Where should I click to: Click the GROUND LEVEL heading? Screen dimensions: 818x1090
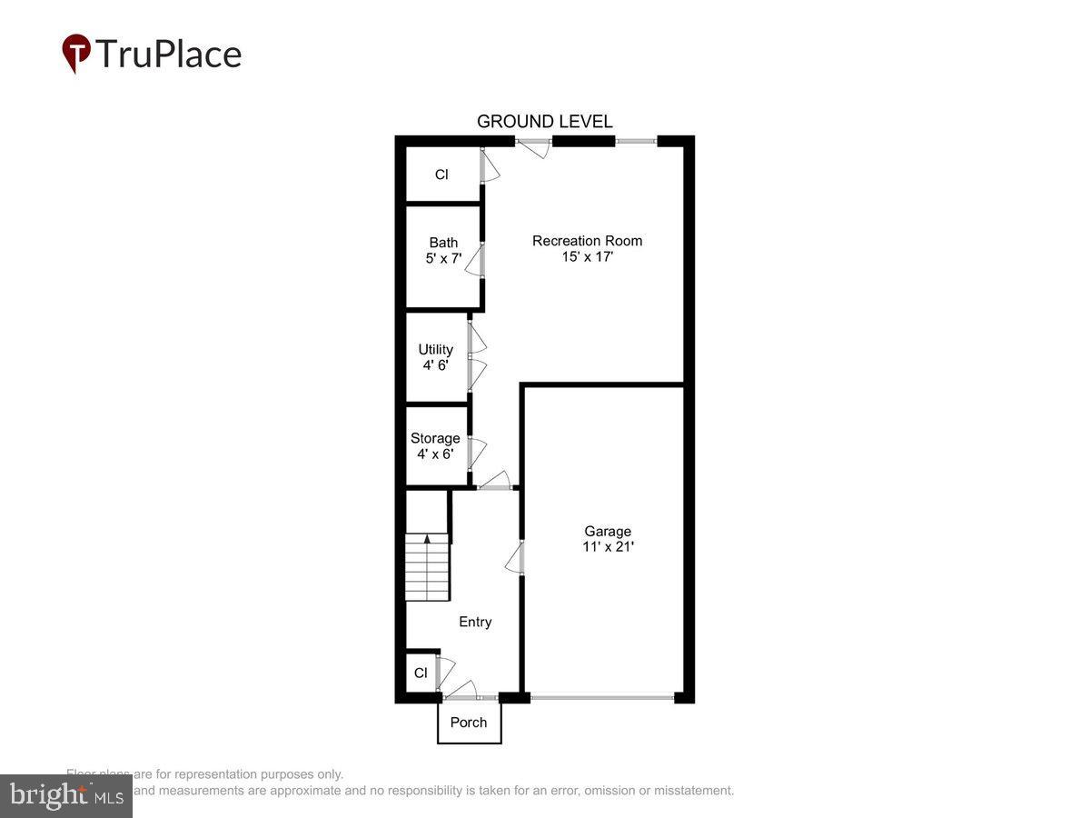coord(544,122)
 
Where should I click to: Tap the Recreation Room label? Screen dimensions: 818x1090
coord(587,241)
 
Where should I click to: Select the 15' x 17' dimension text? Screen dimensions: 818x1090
coord(587,257)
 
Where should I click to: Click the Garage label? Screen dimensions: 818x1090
coord(607,532)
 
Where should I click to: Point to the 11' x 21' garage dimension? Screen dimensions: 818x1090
coord(607,547)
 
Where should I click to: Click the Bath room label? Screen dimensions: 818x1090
coord(443,243)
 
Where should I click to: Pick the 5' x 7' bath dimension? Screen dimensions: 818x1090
coord(443,258)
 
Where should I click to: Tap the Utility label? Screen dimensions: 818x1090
coord(435,350)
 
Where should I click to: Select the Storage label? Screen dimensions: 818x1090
coord(435,438)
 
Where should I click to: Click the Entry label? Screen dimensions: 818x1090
coord(475,622)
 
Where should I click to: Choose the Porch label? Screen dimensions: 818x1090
coord(469,723)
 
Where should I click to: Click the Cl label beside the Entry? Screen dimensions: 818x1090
coord(421,673)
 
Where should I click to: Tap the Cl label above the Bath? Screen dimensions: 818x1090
coord(441,175)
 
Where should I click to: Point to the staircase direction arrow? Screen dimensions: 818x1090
coord(427,539)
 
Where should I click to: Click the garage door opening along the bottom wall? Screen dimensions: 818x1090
coord(602,697)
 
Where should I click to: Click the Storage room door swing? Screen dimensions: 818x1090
coord(477,453)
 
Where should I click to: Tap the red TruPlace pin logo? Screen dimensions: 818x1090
coord(76,53)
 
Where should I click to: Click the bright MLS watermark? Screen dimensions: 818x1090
coord(65,796)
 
